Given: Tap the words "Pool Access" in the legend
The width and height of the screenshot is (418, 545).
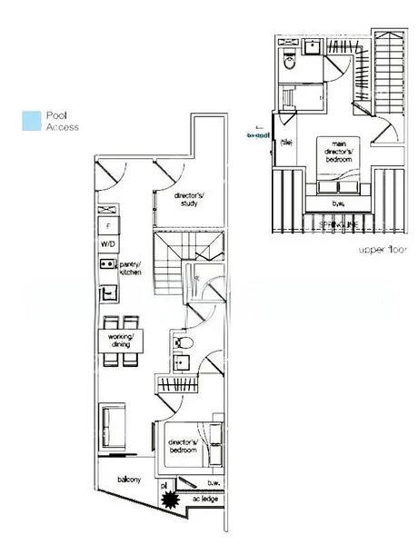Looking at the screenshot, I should pos(62,122).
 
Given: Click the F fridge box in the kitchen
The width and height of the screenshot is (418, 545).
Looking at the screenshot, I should pos(108,223).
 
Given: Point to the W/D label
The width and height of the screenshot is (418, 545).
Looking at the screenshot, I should pos(108,243).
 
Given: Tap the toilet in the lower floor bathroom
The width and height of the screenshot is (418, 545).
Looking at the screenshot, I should pos(183,342).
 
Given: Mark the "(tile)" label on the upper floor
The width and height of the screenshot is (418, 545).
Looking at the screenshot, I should pos(286,141).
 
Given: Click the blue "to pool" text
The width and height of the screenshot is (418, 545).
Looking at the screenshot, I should pos(260,134).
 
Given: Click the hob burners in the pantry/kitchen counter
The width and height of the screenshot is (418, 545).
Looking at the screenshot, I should pos(107,264).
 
